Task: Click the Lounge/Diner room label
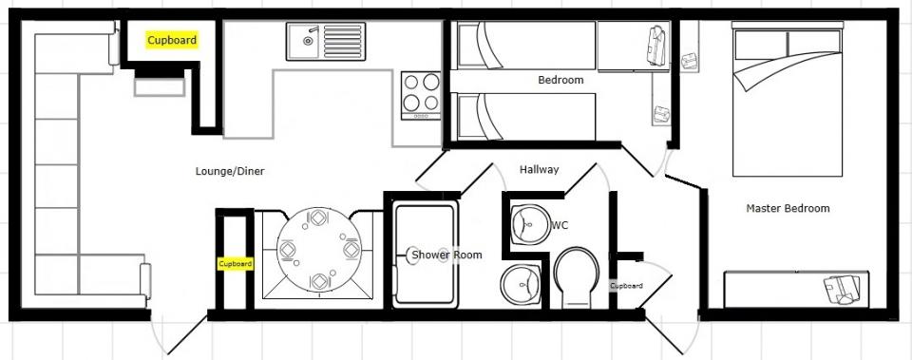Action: [x=230, y=171]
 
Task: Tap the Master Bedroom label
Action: [x=788, y=208]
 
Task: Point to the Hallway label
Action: [x=540, y=169]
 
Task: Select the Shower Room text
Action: [x=446, y=255]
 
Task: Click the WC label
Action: [x=560, y=225]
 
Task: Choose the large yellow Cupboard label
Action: [x=172, y=40]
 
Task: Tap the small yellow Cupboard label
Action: [x=236, y=263]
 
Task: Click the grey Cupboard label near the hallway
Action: [x=626, y=286]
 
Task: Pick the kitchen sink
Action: [x=326, y=41]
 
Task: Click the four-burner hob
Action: [x=421, y=95]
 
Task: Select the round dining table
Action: [x=319, y=251]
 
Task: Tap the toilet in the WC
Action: [x=576, y=278]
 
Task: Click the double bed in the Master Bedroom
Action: [x=788, y=103]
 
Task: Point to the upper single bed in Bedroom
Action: [x=526, y=46]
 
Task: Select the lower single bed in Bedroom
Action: [x=526, y=116]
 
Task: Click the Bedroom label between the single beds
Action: [x=560, y=80]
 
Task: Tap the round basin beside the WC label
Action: [x=530, y=225]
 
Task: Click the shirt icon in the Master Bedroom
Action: [x=843, y=290]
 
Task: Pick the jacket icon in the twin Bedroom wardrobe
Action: [x=656, y=45]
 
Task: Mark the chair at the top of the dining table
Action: [x=319, y=218]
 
